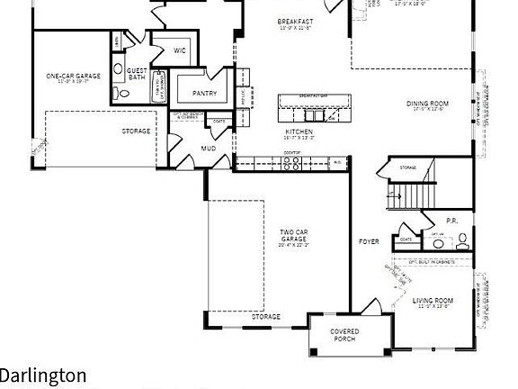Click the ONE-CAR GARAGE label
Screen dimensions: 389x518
[74, 77]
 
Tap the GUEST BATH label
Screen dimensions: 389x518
[137, 74]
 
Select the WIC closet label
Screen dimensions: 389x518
[179, 50]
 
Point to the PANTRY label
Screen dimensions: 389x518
[204, 93]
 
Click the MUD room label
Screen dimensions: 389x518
[209, 148]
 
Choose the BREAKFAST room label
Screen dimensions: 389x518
[295, 21]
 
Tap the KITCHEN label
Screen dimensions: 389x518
[299, 132]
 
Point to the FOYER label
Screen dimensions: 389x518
[369, 241]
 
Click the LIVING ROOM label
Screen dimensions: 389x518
[433, 302]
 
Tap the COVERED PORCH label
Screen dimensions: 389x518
[344, 335]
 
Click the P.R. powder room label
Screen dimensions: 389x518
[452, 220]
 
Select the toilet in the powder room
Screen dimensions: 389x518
[463, 240]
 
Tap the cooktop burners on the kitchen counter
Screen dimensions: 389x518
[291, 163]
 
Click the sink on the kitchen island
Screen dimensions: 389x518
[315, 114]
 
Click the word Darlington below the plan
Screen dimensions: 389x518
[43, 375]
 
